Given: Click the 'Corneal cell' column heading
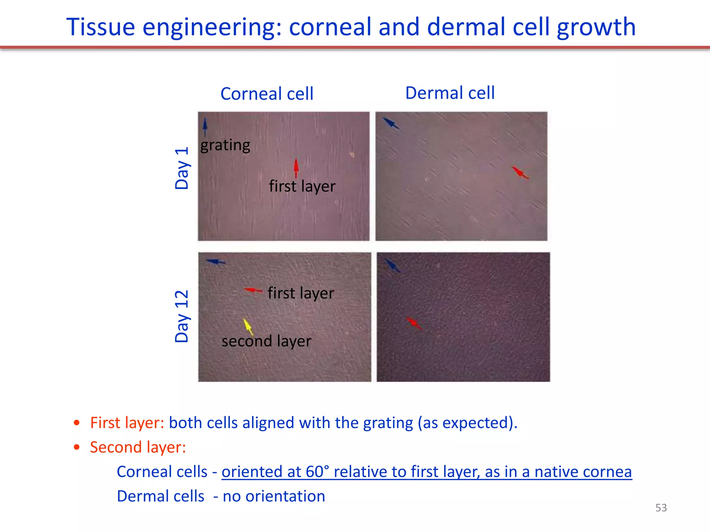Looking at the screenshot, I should (267, 94).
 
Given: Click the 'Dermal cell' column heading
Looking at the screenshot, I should (450, 93).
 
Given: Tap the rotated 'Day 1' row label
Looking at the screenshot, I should (182, 168).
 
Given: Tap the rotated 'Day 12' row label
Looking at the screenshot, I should (182, 316).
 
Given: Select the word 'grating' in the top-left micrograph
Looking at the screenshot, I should (225, 145).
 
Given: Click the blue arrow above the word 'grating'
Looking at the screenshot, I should (205, 126).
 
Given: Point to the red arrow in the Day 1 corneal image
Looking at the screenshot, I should (296, 168).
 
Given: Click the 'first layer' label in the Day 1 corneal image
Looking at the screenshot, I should (302, 186).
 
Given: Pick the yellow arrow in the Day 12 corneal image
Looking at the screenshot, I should (248, 327).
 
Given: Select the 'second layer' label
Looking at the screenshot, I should (266, 341).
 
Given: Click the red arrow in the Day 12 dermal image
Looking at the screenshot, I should (414, 323).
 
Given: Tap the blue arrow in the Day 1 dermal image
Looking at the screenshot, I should (391, 123).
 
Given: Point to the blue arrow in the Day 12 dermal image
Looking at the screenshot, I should (393, 266).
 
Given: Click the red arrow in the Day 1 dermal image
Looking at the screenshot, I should (520, 172).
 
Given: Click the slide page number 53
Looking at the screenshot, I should (661, 508).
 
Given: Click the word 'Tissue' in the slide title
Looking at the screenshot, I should (100, 27).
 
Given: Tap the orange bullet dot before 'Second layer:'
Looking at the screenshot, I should (77, 447).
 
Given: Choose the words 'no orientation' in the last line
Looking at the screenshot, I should (274, 496).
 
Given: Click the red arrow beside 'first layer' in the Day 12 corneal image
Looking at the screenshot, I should (253, 290).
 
